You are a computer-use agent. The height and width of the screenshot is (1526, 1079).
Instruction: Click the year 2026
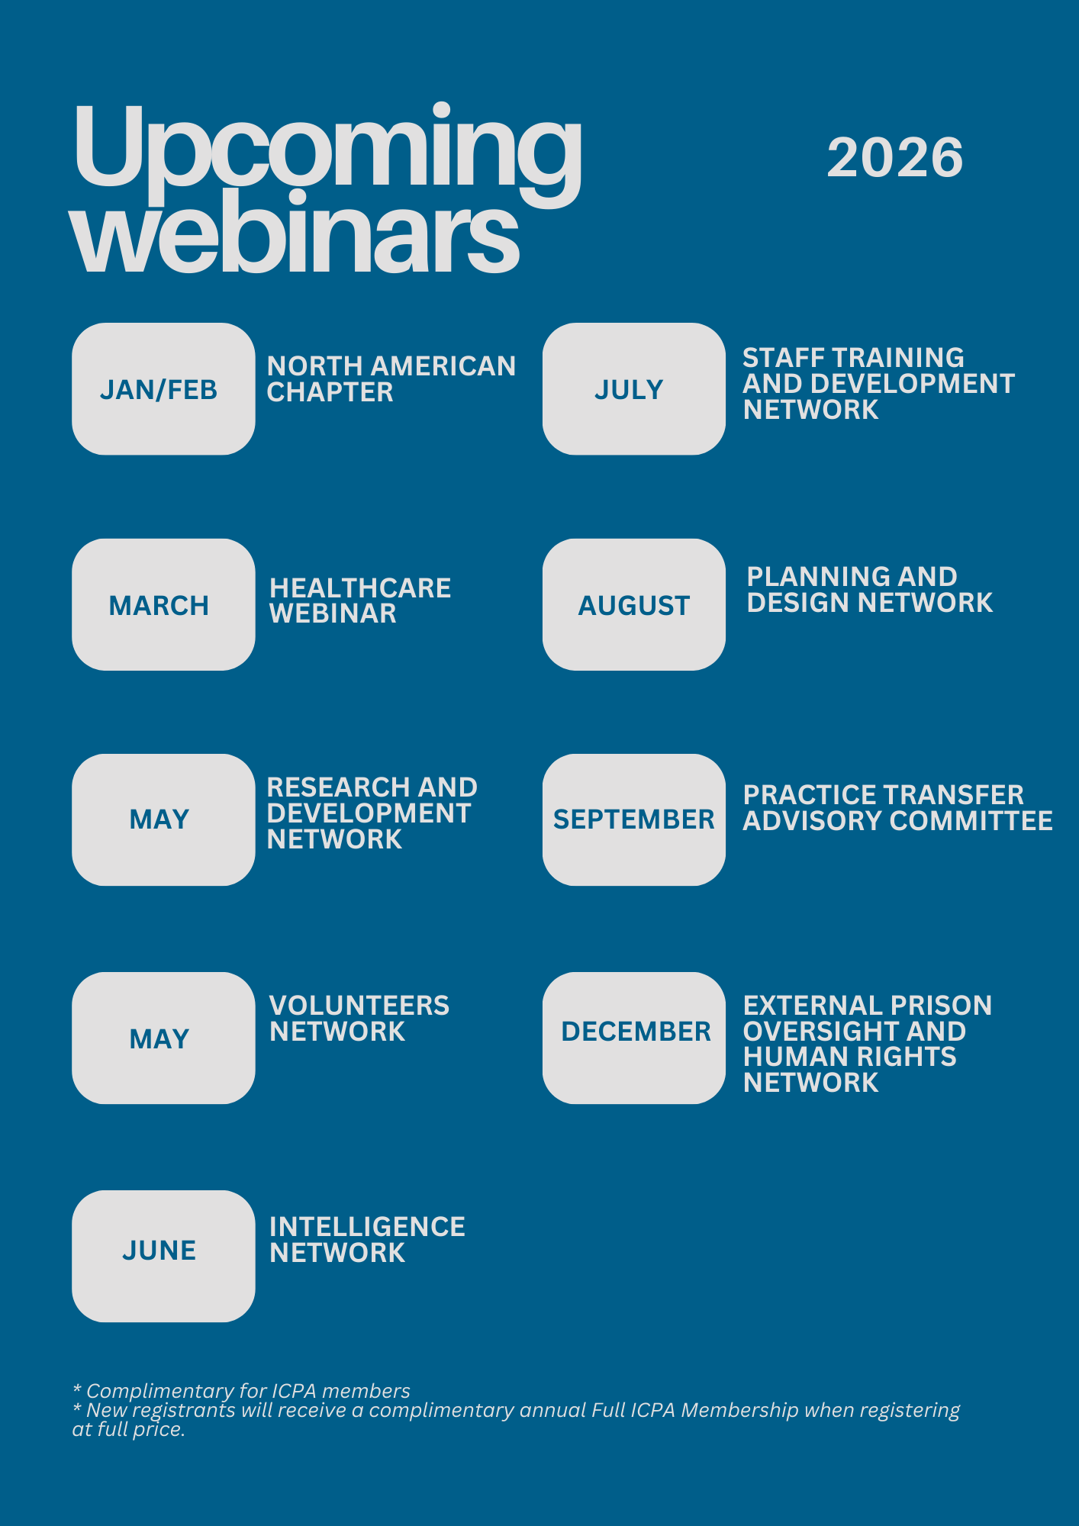point(894,158)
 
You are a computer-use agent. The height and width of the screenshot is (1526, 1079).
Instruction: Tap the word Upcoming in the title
point(327,149)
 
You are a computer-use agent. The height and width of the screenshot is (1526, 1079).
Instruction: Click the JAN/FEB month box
point(163,389)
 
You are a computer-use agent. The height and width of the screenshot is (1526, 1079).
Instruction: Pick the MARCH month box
point(163,605)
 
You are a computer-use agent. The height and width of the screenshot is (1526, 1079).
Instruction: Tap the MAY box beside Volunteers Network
point(163,1038)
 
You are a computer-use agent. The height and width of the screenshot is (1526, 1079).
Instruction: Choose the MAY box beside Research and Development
point(163,819)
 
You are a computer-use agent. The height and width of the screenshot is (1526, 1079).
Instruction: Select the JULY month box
point(633,389)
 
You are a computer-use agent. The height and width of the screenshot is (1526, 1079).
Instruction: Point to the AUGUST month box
point(633,605)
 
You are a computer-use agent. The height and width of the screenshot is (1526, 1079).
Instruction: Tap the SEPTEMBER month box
point(633,819)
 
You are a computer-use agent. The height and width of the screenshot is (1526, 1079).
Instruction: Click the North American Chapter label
point(391,379)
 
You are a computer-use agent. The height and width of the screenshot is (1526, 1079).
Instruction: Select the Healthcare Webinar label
point(360,600)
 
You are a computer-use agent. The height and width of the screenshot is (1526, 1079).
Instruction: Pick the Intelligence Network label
point(367,1240)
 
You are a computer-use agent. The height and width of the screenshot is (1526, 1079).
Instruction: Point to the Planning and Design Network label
point(869,590)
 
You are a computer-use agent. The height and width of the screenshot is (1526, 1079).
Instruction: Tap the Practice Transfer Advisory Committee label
point(897,808)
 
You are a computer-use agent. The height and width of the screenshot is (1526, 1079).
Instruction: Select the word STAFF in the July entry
point(778,358)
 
